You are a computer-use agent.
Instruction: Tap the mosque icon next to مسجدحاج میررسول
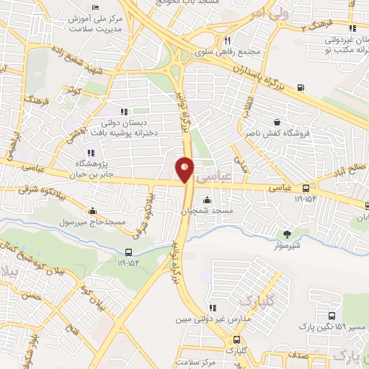[92, 211]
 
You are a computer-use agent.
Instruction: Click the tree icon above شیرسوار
[288, 234]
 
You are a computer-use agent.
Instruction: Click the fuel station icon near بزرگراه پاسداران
[300, 89]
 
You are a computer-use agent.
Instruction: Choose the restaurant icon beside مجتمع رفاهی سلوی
[227, 40]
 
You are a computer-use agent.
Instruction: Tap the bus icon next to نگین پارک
[332, 316]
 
